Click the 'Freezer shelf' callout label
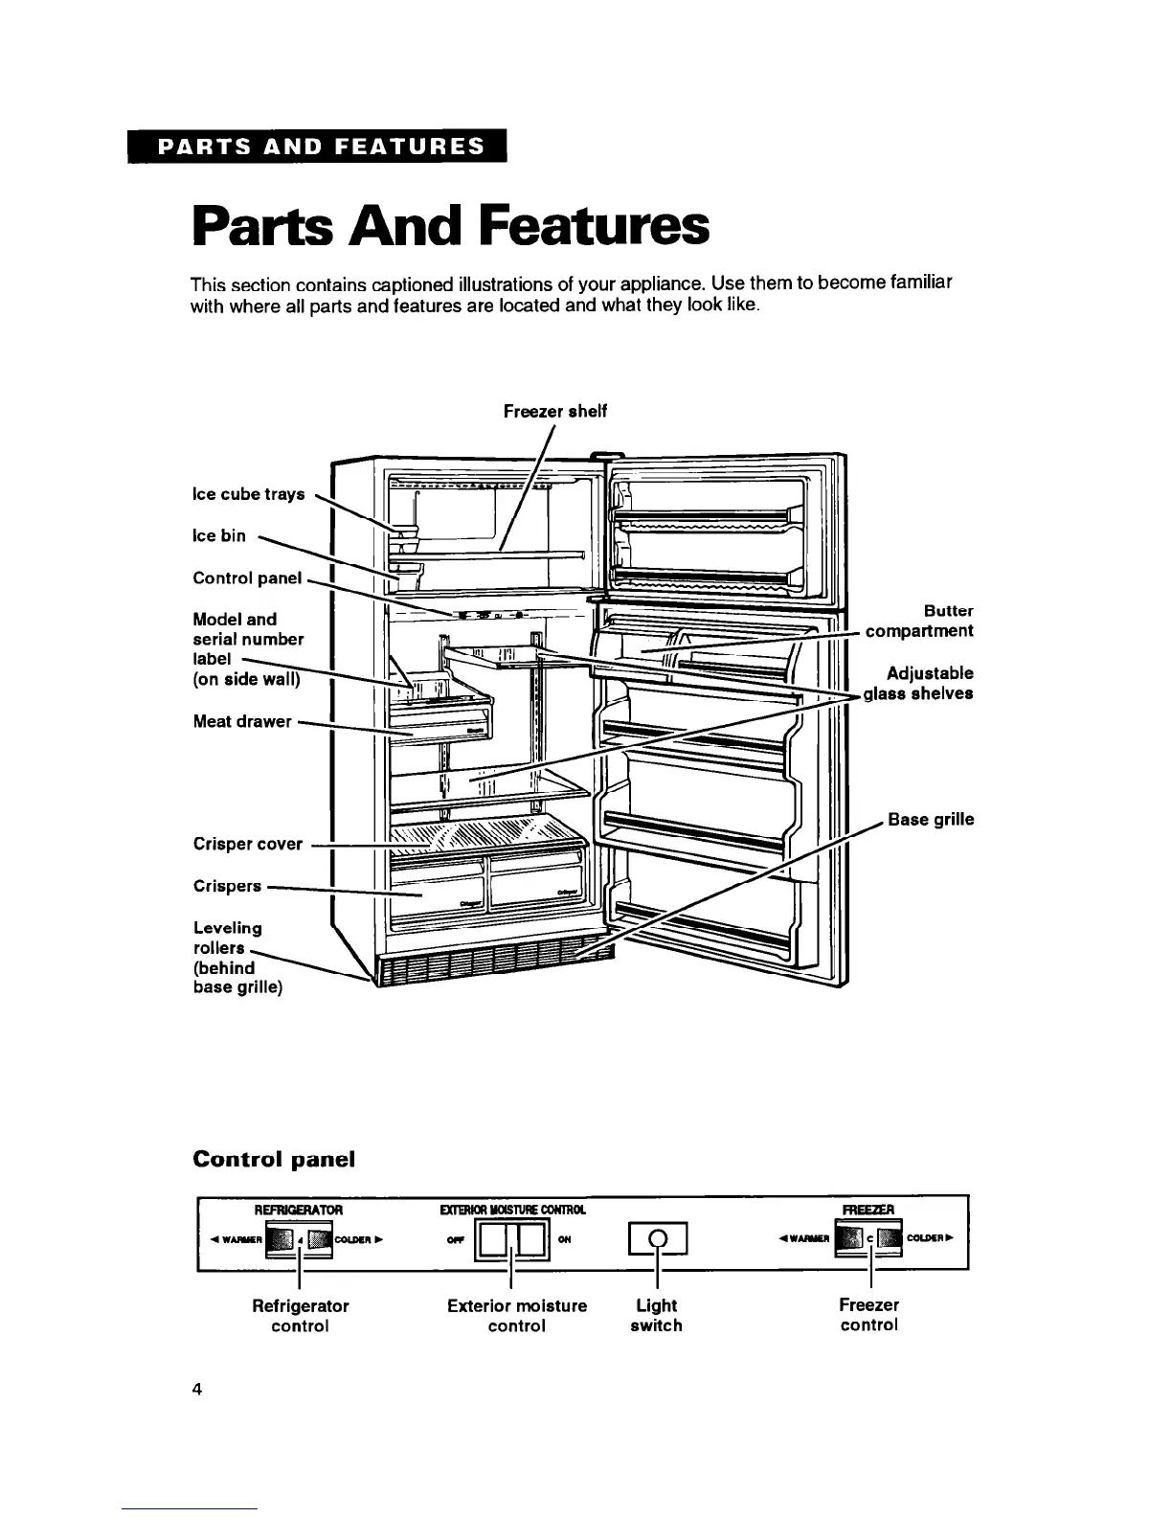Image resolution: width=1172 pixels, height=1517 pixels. (x=555, y=411)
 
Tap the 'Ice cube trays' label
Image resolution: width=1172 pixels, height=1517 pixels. (x=249, y=494)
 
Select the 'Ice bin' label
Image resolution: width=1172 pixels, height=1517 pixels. (x=219, y=535)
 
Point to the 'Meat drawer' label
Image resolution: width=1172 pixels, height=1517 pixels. (x=242, y=721)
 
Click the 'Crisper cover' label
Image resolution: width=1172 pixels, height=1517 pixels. (x=248, y=844)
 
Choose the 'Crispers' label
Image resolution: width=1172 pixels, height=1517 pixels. (x=227, y=886)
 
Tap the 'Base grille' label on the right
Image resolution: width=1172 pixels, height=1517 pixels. (x=931, y=820)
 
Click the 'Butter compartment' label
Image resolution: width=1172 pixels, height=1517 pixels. (x=919, y=621)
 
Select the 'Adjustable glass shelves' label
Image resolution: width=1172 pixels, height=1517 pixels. (x=919, y=683)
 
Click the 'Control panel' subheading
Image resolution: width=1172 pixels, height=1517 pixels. (x=274, y=1159)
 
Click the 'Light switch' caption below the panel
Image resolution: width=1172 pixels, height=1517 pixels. (x=657, y=1315)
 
